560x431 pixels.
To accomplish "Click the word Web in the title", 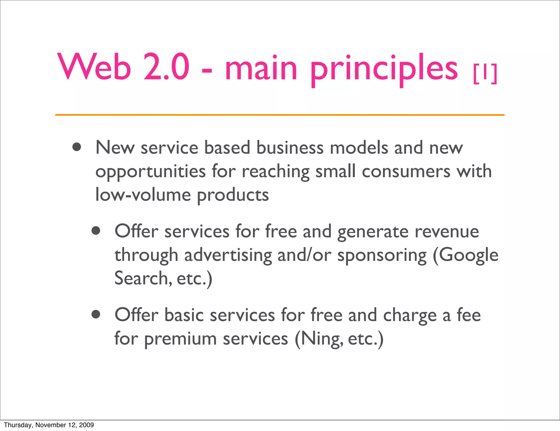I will tap(94, 67).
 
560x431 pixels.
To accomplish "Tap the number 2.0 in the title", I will tap(166, 67).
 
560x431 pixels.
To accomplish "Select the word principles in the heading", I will tap(384, 68).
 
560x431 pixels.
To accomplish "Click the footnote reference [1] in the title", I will tap(485, 74).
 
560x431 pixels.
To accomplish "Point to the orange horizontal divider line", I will tap(279, 115).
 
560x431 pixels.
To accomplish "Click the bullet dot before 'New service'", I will tap(77, 147).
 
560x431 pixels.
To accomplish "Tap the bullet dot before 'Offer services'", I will tap(96, 231).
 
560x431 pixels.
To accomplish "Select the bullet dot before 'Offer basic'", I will tap(96, 314).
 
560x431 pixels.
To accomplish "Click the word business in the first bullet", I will tap(290, 148).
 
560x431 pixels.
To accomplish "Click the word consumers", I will tap(406, 172).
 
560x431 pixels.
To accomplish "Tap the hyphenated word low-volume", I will tap(143, 195).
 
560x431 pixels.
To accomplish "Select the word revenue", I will tap(447, 231).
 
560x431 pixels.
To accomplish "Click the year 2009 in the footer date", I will tap(86, 425).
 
